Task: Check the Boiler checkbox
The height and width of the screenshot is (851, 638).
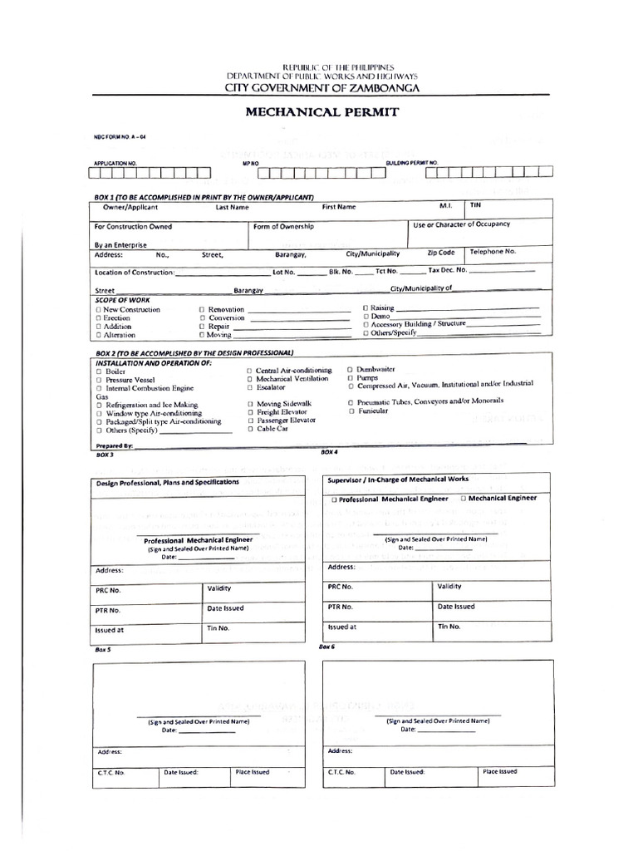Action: tap(100, 371)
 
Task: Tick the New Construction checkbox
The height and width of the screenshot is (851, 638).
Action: tap(99, 309)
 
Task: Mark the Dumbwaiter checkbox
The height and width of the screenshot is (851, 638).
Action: tap(351, 368)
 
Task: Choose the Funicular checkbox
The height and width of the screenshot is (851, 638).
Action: tap(352, 411)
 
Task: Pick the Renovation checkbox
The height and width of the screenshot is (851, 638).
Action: tap(201, 309)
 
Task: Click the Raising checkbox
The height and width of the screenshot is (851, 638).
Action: tap(365, 307)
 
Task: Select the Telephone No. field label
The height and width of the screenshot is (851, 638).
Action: tap(493, 251)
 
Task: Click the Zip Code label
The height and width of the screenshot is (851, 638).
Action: tap(441, 252)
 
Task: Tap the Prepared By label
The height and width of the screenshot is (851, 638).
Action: tap(114, 446)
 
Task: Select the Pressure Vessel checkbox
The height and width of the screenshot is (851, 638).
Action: tap(100, 379)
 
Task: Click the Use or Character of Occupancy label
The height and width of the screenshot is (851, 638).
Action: tap(461, 224)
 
